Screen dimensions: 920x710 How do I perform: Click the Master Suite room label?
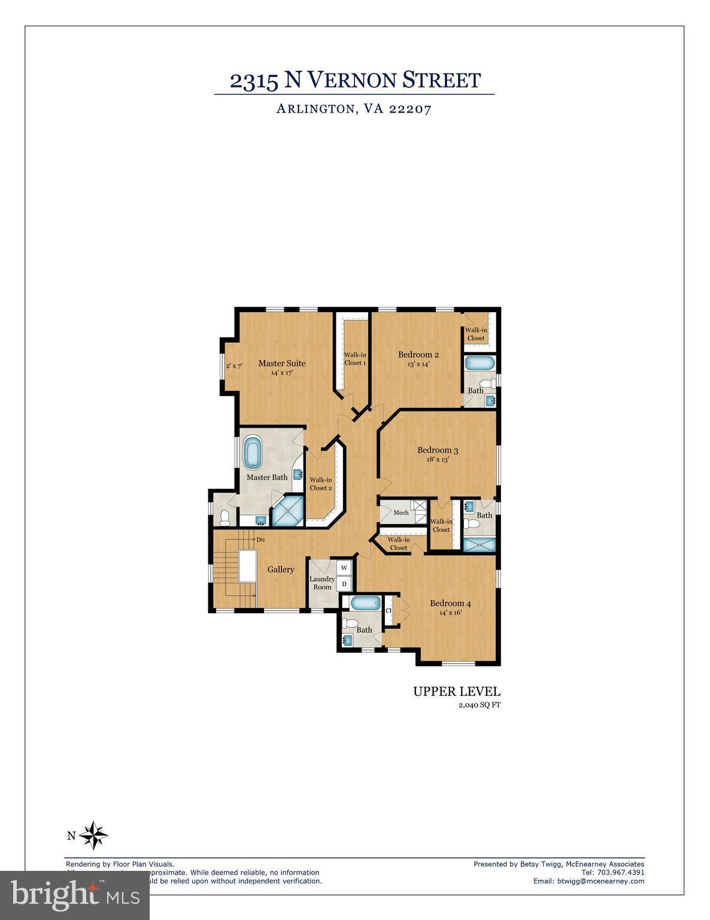click(281, 363)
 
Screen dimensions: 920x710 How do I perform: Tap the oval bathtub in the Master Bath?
click(252, 452)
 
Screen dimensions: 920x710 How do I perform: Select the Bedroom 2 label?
click(418, 355)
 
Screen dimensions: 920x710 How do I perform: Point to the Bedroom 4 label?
click(450, 603)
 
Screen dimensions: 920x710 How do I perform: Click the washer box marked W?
click(344, 567)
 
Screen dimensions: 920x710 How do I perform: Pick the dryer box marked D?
click(344, 583)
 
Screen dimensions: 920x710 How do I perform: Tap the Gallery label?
click(280, 569)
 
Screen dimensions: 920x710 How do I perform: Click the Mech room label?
click(401, 513)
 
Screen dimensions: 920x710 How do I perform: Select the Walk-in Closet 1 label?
click(355, 358)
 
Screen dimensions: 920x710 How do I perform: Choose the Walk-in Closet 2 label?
click(321, 483)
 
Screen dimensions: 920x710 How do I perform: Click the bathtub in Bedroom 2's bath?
click(480, 363)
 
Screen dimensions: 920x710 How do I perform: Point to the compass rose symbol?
click(93, 836)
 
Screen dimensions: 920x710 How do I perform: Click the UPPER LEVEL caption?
click(456, 692)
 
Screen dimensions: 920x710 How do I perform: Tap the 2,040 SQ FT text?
click(479, 705)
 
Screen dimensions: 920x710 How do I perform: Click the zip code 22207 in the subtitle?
click(410, 109)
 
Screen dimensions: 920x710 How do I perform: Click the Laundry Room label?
click(322, 583)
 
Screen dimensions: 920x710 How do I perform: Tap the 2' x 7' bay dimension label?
click(233, 365)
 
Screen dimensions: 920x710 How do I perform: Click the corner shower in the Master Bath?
click(288, 511)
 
